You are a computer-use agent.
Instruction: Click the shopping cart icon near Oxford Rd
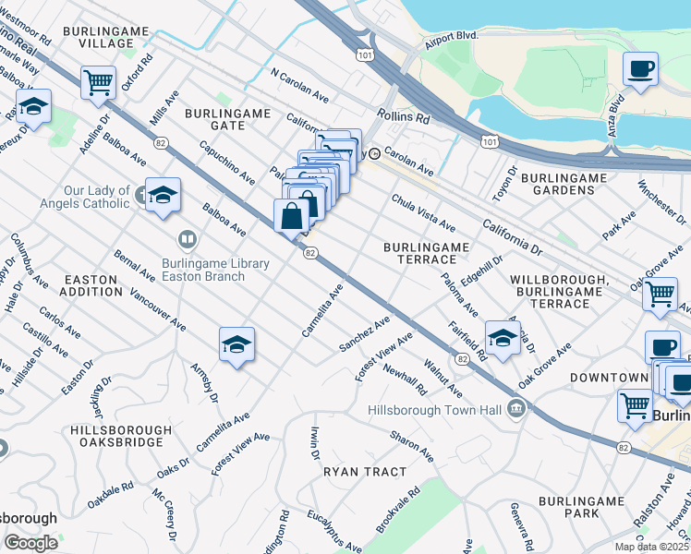(x=98, y=83)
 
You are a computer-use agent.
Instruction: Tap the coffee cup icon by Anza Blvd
(x=640, y=67)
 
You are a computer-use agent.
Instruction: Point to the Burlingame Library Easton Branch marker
(x=188, y=241)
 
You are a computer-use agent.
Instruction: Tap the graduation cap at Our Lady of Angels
(x=163, y=195)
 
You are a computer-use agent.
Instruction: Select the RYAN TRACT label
(x=365, y=472)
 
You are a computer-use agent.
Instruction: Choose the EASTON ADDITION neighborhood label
(x=91, y=284)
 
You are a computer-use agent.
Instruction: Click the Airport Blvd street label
(x=451, y=40)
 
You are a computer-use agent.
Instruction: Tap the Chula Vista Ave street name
(x=423, y=212)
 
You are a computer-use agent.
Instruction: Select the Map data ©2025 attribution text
(x=650, y=547)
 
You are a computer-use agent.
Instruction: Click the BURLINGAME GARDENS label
(x=557, y=183)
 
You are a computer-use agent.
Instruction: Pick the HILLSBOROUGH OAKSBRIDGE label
(x=120, y=437)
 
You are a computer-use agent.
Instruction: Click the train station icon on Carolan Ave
(x=375, y=154)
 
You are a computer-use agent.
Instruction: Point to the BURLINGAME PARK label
(x=583, y=507)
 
